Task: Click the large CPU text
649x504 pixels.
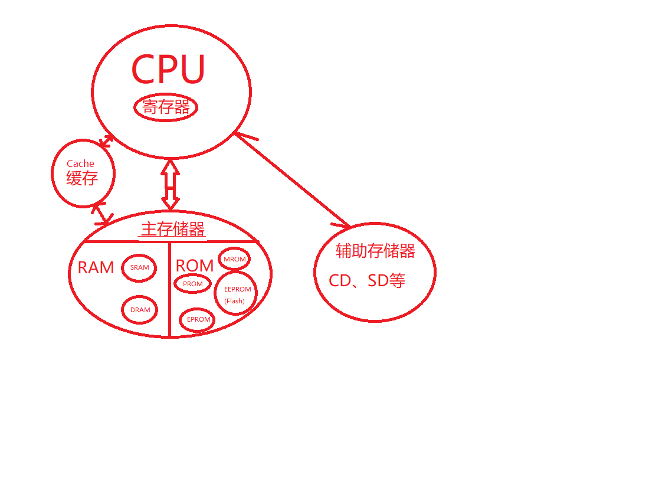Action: click(168, 70)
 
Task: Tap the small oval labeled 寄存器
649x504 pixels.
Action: click(166, 107)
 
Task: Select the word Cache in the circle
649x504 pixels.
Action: click(80, 163)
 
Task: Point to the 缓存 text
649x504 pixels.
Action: click(82, 178)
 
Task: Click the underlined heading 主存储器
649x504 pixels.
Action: click(173, 229)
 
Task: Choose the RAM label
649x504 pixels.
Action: click(96, 267)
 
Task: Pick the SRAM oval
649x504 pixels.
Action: click(140, 267)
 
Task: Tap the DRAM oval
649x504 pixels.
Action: click(140, 310)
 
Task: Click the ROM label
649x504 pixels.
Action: click(195, 266)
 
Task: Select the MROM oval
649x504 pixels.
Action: click(234, 259)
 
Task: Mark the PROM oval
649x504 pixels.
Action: click(192, 284)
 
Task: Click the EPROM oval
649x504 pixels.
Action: click(198, 319)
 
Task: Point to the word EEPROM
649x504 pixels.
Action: click(238, 289)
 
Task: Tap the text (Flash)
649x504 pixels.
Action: click(234, 301)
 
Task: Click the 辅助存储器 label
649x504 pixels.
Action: click(375, 251)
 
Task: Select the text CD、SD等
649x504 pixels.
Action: click(367, 281)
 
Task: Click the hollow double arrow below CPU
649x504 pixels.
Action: click(171, 185)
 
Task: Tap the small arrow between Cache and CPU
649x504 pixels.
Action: click(106, 141)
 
